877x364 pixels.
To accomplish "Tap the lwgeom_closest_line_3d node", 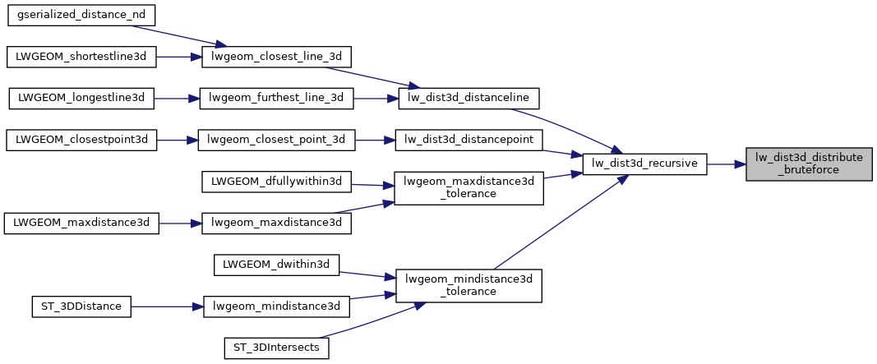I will [x=277, y=57].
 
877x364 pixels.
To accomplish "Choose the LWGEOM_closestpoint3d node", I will [x=81, y=141].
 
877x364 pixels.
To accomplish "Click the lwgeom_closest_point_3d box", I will [x=277, y=141].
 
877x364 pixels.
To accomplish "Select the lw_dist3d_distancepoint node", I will [x=469, y=141].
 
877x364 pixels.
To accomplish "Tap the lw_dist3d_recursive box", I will [x=644, y=164].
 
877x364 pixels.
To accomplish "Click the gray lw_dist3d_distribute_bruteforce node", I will [x=808, y=164].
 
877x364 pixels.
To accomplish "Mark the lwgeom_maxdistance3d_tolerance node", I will [x=469, y=189].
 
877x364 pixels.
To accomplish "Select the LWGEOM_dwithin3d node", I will [x=277, y=265].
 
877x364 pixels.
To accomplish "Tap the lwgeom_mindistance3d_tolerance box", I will [x=469, y=285].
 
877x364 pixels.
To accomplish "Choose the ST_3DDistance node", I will [x=81, y=306].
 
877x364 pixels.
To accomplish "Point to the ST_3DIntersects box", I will [x=277, y=348].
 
